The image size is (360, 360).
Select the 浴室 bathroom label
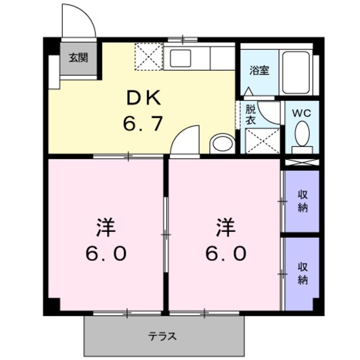[x=259, y=71]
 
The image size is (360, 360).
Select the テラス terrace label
[x=163, y=337]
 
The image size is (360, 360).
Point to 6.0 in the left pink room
[x=106, y=254]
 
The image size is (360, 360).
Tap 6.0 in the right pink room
[x=225, y=254]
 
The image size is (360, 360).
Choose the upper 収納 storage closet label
[x=303, y=201]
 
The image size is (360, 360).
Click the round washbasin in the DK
[x=223, y=144]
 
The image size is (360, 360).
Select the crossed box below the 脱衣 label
[x=263, y=141]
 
